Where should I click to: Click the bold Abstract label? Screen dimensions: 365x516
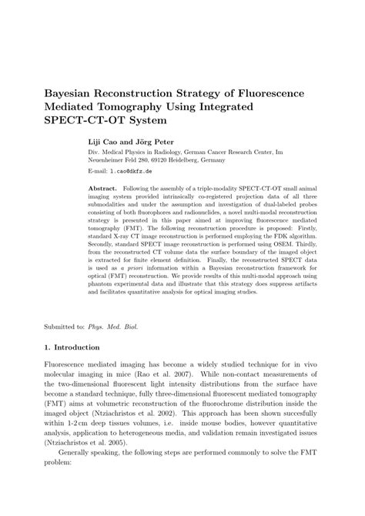[x=103, y=188]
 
